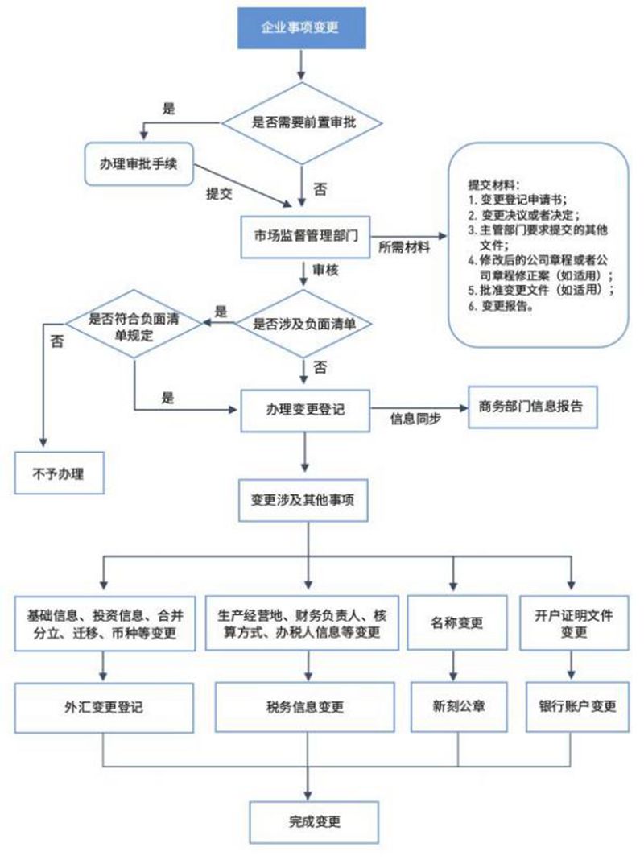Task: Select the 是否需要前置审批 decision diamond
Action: (x=300, y=122)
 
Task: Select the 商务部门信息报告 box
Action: (x=532, y=406)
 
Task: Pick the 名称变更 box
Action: (x=457, y=623)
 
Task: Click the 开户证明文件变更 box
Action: (x=572, y=623)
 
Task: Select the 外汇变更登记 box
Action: (x=104, y=708)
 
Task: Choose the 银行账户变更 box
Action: (x=577, y=707)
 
